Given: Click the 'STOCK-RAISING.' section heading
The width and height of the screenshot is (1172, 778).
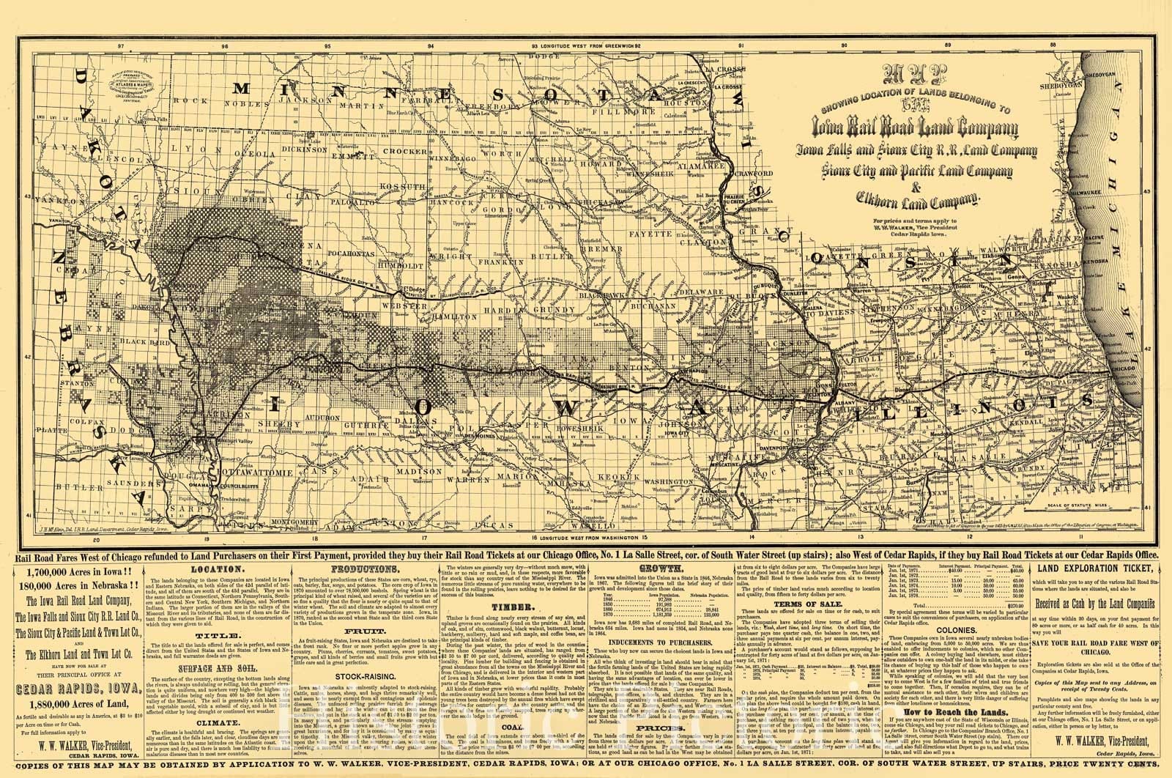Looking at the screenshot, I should [x=359, y=676].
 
